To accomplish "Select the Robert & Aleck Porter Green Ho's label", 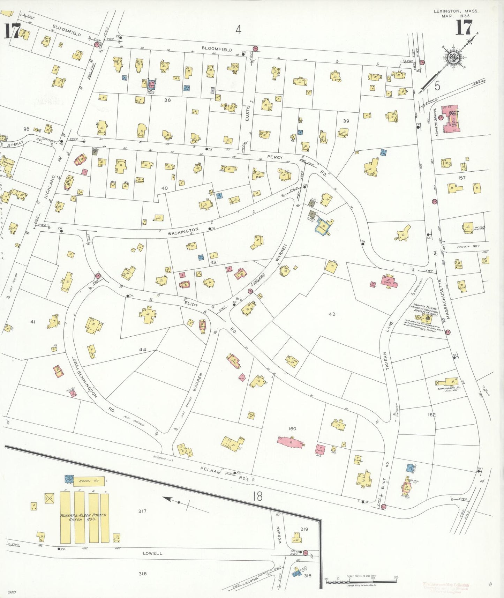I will (x=84, y=517).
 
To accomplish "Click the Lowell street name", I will (x=152, y=553).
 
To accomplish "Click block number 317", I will (x=142, y=511).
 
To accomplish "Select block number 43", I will (x=332, y=314).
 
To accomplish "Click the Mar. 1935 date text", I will (x=456, y=16).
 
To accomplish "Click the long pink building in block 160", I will (x=290, y=442).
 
